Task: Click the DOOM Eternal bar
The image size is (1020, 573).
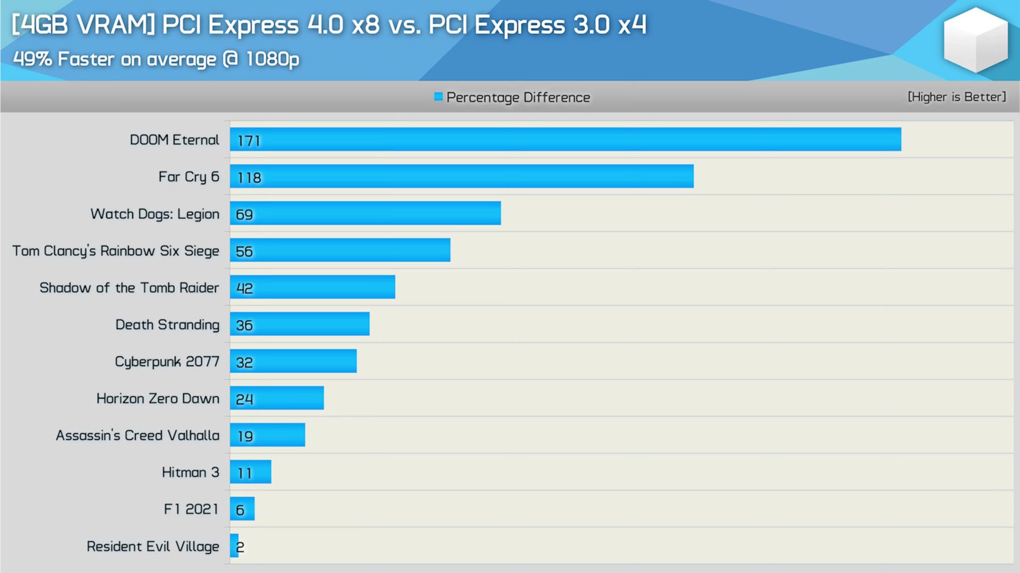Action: coord(565,139)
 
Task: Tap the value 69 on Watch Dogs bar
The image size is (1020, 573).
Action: coord(244,215)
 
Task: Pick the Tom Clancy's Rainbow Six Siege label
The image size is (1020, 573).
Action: coord(115,251)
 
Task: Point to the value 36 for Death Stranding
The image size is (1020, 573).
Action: coord(244,325)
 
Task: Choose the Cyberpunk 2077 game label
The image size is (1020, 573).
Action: coord(167,362)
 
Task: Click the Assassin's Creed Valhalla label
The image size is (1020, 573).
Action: coord(137,435)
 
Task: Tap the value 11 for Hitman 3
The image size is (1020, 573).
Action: coord(244,473)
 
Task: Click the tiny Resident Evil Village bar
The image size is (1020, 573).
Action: coord(234,546)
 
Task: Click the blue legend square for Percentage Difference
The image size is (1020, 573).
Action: coord(438,97)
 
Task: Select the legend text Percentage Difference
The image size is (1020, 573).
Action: coord(518,97)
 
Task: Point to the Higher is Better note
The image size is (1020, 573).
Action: coord(956,97)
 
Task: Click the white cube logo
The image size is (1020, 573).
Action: coord(975,40)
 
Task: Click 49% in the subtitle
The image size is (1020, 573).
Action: coord(32,59)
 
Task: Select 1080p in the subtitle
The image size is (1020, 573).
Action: coord(272,59)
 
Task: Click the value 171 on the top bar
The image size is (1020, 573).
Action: coord(249,141)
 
